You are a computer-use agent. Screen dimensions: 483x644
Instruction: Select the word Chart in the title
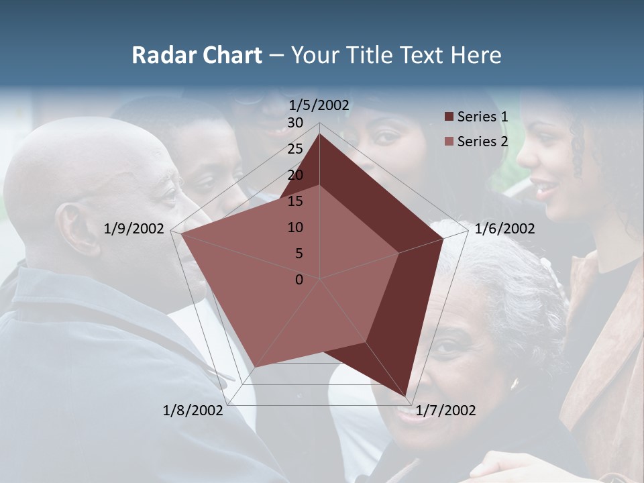pyautogui.click(x=225, y=56)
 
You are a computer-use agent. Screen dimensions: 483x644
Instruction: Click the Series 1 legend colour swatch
pyautogui.click(x=449, y=117)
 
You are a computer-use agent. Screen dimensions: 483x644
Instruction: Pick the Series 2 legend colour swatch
pyautogui.click(x=449, y=142)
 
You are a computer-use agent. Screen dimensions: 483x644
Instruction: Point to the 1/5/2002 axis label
pyautogui.click(x=319, y=105)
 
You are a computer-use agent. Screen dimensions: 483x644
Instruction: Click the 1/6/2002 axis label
pyautogui.click(x=504, y=229)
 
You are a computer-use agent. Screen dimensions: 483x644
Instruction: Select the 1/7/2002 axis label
pyautogui.click(x=445, y=411)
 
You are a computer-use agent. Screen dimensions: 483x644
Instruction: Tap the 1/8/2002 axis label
pyautogui.click(x=193, y=411)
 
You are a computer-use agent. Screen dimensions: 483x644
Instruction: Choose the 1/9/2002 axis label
pyautogui.click(x=134, y=229)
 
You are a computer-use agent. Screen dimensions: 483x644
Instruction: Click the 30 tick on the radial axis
pyautogui.click(x=295, y=123)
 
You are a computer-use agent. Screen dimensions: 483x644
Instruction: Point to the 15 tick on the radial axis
pyautogui.click(x=295, y=201)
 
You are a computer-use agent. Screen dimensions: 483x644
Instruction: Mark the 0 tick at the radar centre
pyautogui.click(x=299, y=280)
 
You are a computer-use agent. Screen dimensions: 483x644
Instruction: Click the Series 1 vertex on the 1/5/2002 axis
pyautogui.click(x=319, y=133)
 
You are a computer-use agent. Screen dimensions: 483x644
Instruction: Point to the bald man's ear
pyautogui.click(x=69, y=228)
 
